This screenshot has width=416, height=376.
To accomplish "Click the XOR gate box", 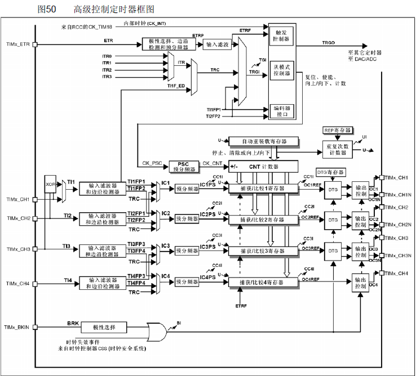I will (51, 183).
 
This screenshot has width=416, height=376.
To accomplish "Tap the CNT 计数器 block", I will (262, 167).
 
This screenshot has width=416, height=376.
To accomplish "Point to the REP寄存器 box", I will (337, 130).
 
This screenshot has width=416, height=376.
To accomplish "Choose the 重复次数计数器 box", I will (338, 149).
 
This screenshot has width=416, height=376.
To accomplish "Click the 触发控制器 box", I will (281, 35).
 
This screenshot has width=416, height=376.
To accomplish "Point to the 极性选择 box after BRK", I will (104, 327).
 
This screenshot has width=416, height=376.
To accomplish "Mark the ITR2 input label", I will (107, 70).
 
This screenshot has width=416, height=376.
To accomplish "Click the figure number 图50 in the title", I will (47, 10).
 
